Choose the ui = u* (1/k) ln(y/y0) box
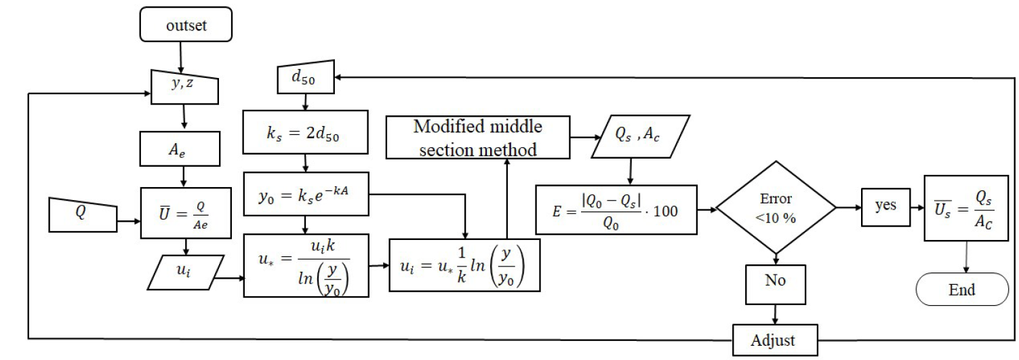pyautogui.click(x=464, y=265)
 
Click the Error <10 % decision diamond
pyautogui.click(x=775, y=210)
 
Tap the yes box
pyautogui.click(x=885, y=206)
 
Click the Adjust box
pyautogui.click(x=774, y=340)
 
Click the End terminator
pyautogui.click(x=961, y=290)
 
